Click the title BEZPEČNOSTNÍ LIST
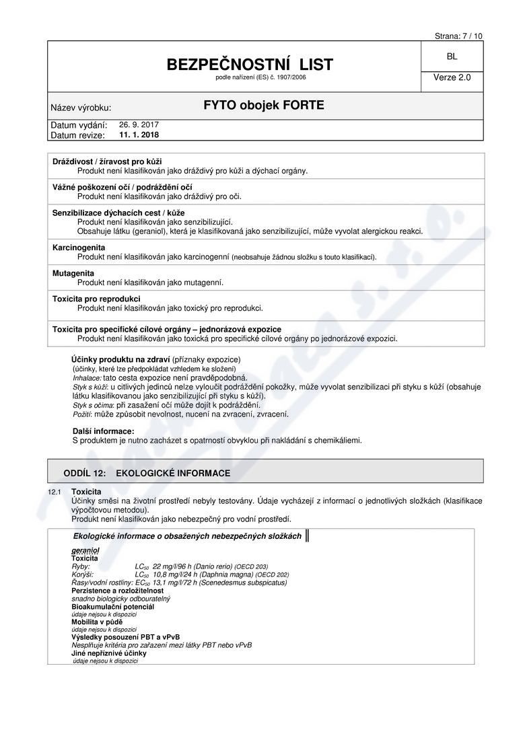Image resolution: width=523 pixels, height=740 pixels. [250, 65]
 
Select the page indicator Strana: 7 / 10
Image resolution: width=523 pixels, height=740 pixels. [458, 36]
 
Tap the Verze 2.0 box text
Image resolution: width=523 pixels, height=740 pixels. [452, 77]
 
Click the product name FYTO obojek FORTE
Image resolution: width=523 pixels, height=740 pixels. [264, 106]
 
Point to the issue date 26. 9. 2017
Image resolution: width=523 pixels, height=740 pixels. [139, 124]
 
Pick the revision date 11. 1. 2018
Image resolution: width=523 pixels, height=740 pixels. [139, 135]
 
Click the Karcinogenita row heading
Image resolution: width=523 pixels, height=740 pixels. [79, 248]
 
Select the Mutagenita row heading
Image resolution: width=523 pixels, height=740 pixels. [74, 273]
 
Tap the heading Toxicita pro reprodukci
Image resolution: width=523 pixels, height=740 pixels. [96, 299]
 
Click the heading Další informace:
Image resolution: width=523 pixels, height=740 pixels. [103, 431]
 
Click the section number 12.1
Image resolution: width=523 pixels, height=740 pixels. [55, 492]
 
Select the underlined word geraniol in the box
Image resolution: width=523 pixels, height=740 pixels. [85, 550]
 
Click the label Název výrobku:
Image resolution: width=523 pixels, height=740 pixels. [81, 108]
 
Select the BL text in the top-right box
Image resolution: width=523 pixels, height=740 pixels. [452, 57]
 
